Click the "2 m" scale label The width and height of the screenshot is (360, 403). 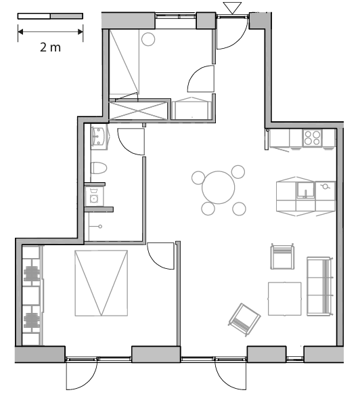(x=50, y=47)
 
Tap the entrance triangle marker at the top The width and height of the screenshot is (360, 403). (x=232, y=8)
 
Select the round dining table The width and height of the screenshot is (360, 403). (x=219, y=188)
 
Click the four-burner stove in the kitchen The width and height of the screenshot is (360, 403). (x=312, y=137)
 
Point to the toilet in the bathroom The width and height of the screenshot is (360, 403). (x=98, y=168)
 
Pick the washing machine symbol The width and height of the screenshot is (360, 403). (x=94, y=196)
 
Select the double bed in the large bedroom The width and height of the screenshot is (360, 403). (x=102, y=283)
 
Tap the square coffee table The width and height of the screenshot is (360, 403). (x=285, y=299)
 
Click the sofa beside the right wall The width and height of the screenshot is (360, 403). (x=319, y=287)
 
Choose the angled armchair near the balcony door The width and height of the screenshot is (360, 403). (x=244, y=320)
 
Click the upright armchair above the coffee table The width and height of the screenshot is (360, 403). (x=282, y=257)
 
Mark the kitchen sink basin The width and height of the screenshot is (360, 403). (x=306, y=190)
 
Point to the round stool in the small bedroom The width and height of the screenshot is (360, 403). (x=148, y=39)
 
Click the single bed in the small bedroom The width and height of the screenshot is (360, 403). (x=125, y=62)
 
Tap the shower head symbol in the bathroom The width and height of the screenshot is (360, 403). (x=100, y=226)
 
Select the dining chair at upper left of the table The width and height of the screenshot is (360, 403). (x=198, y=178)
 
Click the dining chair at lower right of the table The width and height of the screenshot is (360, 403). (x=239, y=209)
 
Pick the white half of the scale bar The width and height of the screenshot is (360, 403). (x=34, y=16)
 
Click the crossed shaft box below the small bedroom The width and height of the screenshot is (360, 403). (x=138, y=110)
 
